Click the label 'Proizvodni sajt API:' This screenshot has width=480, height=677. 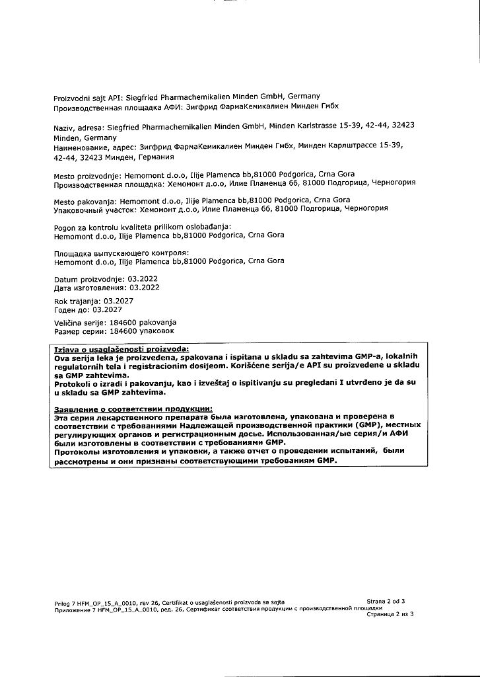[x=85, y=97]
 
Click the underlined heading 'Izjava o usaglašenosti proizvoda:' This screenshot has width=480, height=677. [x=121, y=349]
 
